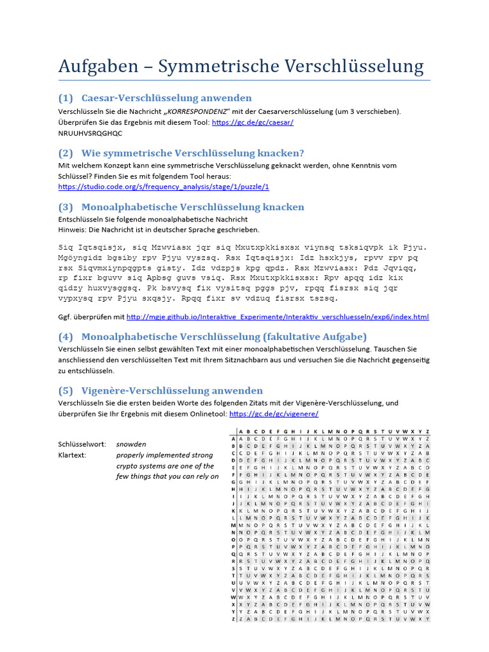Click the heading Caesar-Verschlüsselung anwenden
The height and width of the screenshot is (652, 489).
pyautogui.click(x=166, y=98)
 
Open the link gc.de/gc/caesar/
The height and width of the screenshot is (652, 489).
pyautogui.click(x=252, y=122)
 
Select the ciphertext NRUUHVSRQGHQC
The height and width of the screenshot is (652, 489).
pyautogui.click(x=90, y=134)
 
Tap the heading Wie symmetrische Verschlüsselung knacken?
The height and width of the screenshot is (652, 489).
pyautogui.click(x=192, y=153)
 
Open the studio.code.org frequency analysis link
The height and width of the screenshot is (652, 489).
pyautogui.click(x=164, y=187)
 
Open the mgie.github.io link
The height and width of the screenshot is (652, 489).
pyautogui.click(x=278, y=316)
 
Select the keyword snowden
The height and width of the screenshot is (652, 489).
pyautogui.click(x=131, y=444)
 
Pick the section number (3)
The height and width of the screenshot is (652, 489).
pyautogui.click(x=66, y=207)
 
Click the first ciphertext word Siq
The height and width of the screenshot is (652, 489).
pyautogui.click(x=66, y=247)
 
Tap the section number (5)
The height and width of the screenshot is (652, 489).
pyautogui.click(x=66, y=390)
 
